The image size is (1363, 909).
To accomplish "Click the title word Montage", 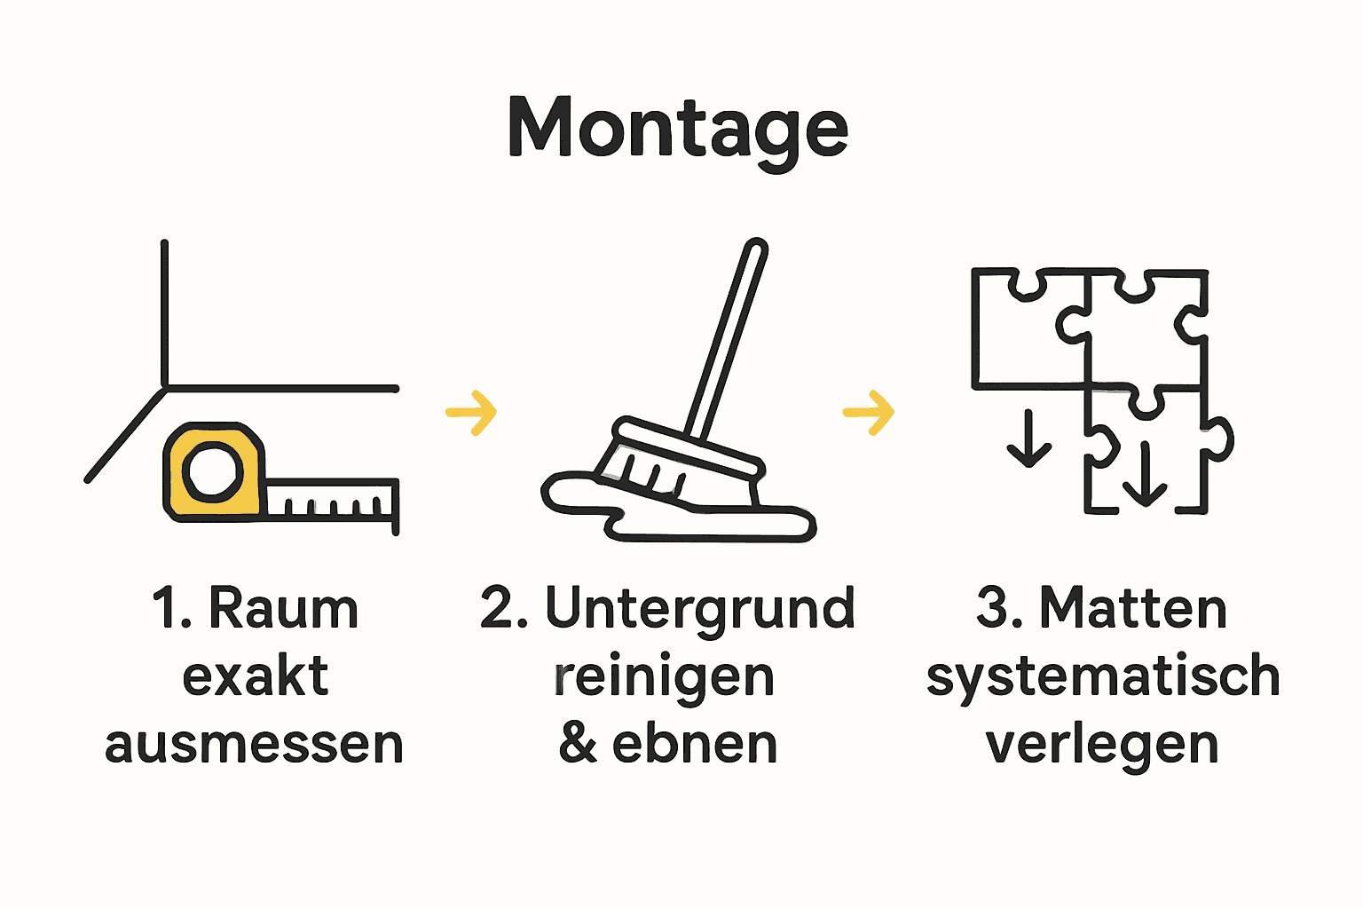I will tap(678, 130).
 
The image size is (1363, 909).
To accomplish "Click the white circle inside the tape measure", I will tap(213, 470).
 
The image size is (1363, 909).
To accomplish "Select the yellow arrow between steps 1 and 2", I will tap(471, 412).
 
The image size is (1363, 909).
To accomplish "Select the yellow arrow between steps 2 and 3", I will tap(868, 412).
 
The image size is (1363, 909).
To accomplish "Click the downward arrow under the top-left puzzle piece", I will tap(1028, 439).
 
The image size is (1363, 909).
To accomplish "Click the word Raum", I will tap(283, 610).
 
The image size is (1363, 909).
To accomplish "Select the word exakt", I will tap(256, 676).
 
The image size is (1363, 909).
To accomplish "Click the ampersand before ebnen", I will tap(578, 744).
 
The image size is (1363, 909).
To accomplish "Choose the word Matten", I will tap(1132, 610).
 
